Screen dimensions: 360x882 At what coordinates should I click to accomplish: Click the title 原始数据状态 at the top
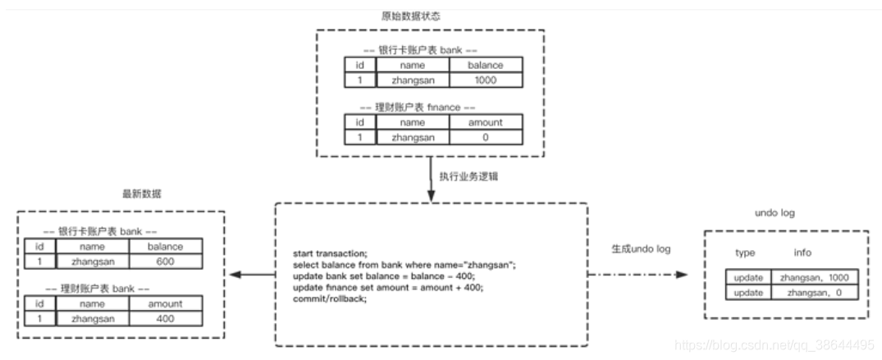click(430, 16)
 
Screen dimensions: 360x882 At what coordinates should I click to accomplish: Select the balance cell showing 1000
click(485, 80)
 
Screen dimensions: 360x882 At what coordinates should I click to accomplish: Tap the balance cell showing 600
click(165, 261)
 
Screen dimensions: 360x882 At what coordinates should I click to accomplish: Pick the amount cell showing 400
click(165, 318)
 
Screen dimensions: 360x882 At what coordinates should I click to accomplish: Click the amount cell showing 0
click(485, 138)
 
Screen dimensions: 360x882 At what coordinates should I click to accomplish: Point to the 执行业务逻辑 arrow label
click(468, 176)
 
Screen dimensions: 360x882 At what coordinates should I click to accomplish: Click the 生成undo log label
click(641, 248)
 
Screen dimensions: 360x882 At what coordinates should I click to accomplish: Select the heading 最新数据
click(142, 194)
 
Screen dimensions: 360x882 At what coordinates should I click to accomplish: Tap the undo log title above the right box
click(774, 213)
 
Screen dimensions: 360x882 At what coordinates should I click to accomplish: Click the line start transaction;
click(331, 254)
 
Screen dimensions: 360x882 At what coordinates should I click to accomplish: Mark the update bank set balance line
click(383, 276)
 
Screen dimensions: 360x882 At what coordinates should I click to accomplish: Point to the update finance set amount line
click(388, 287)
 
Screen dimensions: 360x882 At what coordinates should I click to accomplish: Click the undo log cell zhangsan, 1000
click(814, 278)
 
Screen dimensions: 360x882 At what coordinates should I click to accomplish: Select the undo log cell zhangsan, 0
click(814, 292)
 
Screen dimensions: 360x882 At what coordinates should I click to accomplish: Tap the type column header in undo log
click(745, 253)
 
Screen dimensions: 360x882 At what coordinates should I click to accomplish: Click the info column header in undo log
click(802, 253)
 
